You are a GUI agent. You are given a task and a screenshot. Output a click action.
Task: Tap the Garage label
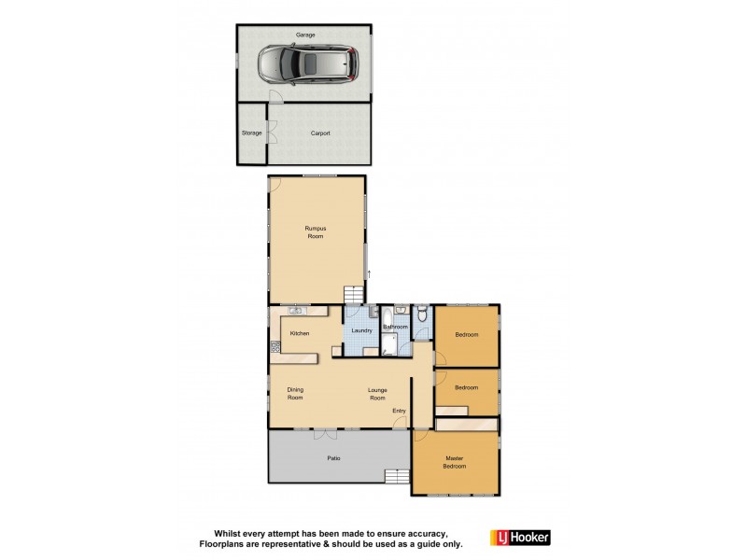305,35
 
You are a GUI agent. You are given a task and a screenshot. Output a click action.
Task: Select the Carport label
320,133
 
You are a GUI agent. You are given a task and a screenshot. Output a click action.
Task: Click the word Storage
252,133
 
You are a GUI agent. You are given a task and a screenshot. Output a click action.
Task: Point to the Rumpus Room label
314,232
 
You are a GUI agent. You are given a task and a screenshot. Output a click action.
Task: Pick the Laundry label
362,330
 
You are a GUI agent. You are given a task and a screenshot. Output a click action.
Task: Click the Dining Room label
295,394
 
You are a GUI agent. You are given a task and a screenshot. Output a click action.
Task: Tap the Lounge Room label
376,394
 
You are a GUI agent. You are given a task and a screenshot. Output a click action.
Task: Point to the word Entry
399,411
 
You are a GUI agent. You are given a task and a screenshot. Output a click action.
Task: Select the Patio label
332,458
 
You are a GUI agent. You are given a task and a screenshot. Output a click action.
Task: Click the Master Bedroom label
455,461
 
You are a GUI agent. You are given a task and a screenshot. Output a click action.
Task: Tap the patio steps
397,478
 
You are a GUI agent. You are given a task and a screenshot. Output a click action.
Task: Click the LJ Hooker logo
520,538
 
